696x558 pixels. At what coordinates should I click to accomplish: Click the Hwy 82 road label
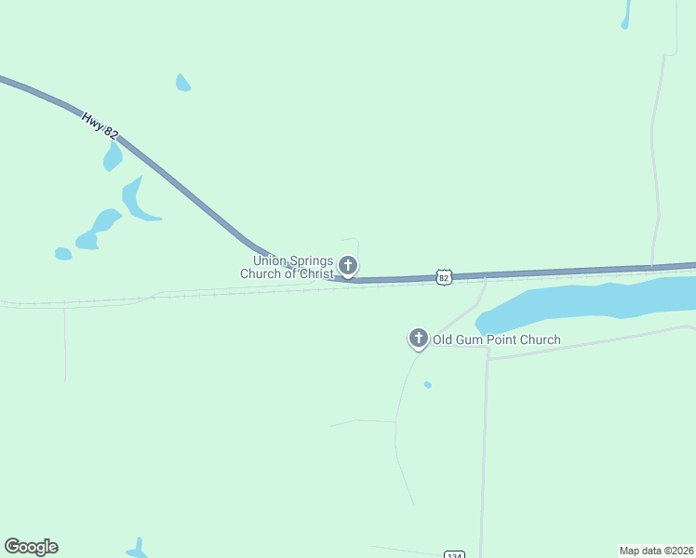(100, 126)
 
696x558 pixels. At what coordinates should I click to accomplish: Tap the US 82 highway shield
(444, 277)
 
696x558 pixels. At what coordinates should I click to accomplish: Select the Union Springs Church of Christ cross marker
(348, 266)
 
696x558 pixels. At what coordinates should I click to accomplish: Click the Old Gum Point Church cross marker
(419, 338)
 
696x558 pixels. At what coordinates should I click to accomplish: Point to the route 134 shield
(453, 554)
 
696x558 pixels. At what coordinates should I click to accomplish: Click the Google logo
(31, 547)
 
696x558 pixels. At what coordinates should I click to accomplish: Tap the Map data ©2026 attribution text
(656, 550)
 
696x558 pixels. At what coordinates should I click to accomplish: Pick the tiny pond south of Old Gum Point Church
(427, 384)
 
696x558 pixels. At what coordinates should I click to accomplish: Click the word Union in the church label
(269, 261)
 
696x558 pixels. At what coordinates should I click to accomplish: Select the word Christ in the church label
(313, 273)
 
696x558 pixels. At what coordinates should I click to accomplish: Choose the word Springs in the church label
(310, 261)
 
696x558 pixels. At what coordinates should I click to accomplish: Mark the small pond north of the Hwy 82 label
(183, 84)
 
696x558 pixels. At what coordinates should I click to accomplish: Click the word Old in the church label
(443, 340)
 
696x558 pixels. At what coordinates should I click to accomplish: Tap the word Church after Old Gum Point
(542, 340)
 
